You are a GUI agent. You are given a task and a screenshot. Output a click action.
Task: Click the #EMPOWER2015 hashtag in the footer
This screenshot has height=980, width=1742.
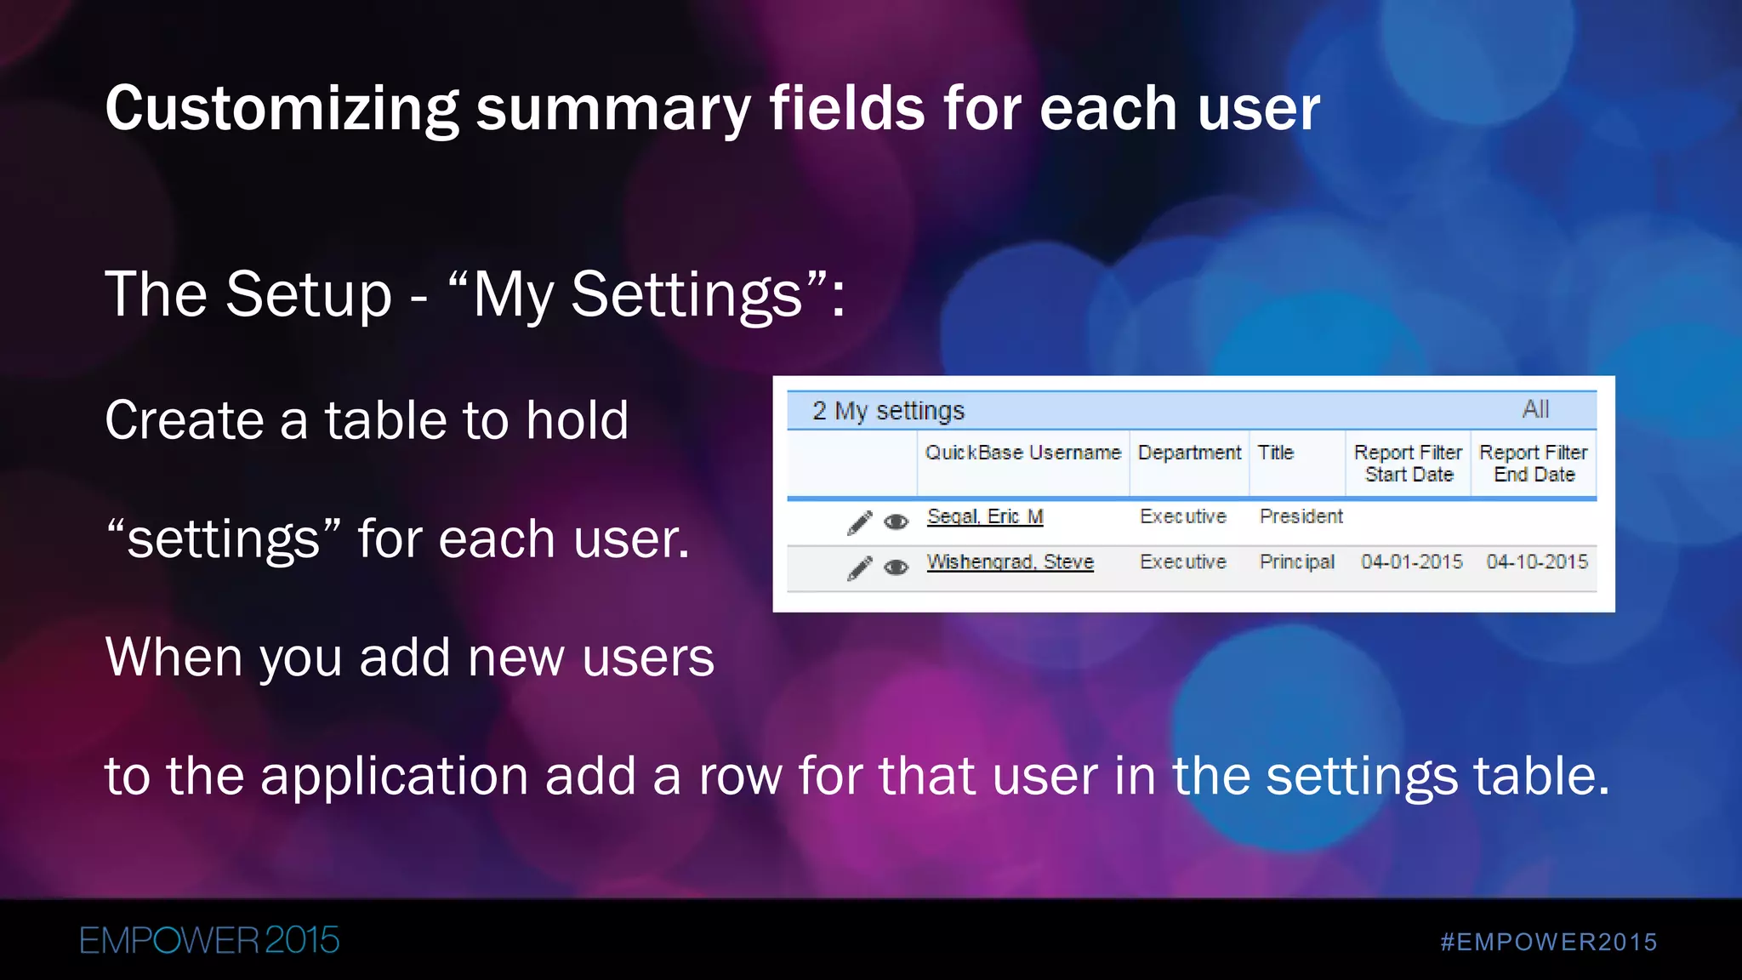click(1548, 942)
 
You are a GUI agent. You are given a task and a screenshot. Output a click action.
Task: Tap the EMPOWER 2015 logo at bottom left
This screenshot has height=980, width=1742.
click(209, 940)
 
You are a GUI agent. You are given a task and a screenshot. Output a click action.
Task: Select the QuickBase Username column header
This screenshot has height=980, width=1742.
click(1022, 453)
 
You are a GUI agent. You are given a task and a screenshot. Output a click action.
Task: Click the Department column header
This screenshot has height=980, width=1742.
click(1189, 453)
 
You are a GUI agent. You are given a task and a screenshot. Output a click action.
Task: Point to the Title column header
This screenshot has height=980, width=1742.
click(1275, 453)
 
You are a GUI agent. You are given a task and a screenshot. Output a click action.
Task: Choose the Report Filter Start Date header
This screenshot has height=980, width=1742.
click(1408, 464)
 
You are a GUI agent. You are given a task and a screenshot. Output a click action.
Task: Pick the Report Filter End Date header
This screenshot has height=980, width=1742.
click(1534, 464)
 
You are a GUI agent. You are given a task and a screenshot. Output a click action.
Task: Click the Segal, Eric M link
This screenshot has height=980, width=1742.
click(985, 516)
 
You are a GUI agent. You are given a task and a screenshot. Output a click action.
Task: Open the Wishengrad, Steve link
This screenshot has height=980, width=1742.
click(1010, 562)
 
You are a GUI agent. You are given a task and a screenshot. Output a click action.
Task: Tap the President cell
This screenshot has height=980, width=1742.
click(1301, 516)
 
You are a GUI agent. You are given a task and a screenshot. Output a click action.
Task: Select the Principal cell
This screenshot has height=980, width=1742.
click(1296, 562)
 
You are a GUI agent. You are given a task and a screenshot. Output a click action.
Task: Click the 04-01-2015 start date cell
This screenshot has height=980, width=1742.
click(1411, 562)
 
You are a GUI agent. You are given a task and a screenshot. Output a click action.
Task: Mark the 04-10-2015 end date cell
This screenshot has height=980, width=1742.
click(1536, 562)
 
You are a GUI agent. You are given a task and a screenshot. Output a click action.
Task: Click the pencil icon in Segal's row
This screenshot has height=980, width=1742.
click(860, 522)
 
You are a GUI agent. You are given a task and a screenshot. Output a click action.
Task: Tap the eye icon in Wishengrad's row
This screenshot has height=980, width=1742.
click(896, 567)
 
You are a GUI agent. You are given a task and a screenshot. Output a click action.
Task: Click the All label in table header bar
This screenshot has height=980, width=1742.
click(1535, 409)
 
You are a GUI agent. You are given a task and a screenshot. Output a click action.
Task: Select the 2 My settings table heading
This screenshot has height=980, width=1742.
click(888, 411)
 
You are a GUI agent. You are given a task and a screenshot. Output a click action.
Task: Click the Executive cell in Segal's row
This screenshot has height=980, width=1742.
click(1182, 516)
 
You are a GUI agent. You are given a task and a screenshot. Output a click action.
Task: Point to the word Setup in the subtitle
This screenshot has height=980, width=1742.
click(309, 294)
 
